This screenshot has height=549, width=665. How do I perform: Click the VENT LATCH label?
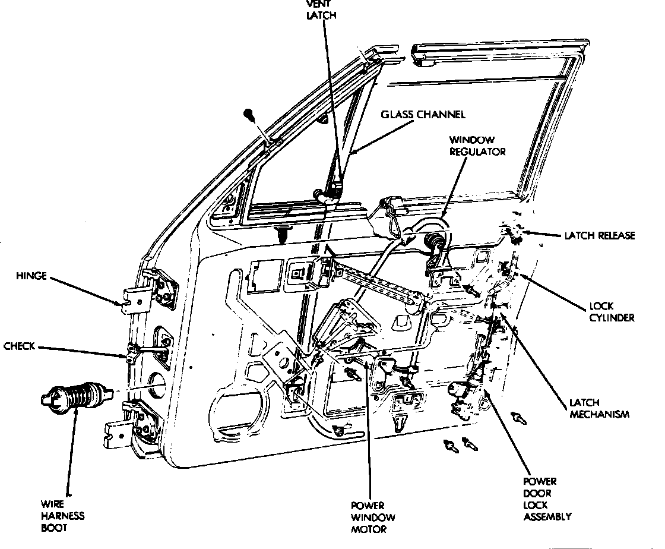[x=321, y=9]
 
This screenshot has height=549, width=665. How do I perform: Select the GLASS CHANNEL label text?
[x=423, y=114]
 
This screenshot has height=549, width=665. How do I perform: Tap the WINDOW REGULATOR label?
[x=477, y=146]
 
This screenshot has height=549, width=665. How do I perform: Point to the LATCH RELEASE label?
[x=600, y=235]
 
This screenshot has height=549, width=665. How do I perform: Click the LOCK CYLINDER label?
[x=612, y=312]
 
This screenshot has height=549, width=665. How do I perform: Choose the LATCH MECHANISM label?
[x=598, y=408]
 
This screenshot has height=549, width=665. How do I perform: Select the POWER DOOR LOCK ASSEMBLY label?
[x=547, y=498]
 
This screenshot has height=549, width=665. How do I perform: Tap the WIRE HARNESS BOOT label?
[x=62, y=515]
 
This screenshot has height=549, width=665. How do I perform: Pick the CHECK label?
[x=20, y=346]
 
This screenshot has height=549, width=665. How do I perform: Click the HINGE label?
[x=32, y=276]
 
